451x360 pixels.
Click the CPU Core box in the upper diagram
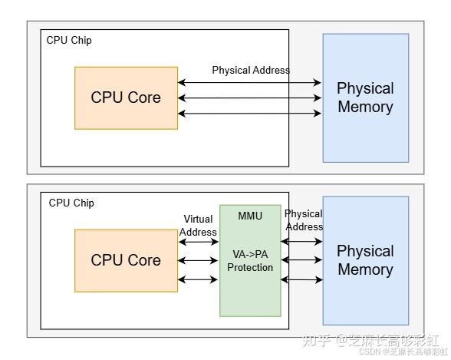(126, 97)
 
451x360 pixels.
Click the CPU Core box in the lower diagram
(126, 260)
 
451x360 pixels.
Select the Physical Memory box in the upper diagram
(365, 97)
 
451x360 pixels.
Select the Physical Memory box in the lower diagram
(365, 260)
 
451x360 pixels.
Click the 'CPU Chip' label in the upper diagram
(69, 40)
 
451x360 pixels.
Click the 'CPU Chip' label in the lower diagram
(71, 203)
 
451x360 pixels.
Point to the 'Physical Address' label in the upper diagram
(251, 70)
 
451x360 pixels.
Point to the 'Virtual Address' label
(199, 225)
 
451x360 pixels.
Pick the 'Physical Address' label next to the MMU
(304, 220)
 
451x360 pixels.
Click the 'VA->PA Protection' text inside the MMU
(250, 260)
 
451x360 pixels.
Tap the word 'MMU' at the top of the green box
(250, 216)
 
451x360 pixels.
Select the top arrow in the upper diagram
(249, 82)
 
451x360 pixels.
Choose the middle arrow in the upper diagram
(249, 98)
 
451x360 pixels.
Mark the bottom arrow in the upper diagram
(249, 114)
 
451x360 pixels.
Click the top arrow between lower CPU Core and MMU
(199, 243)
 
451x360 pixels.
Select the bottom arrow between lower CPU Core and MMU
(199, 279)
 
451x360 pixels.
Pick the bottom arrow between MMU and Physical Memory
(301, 280)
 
